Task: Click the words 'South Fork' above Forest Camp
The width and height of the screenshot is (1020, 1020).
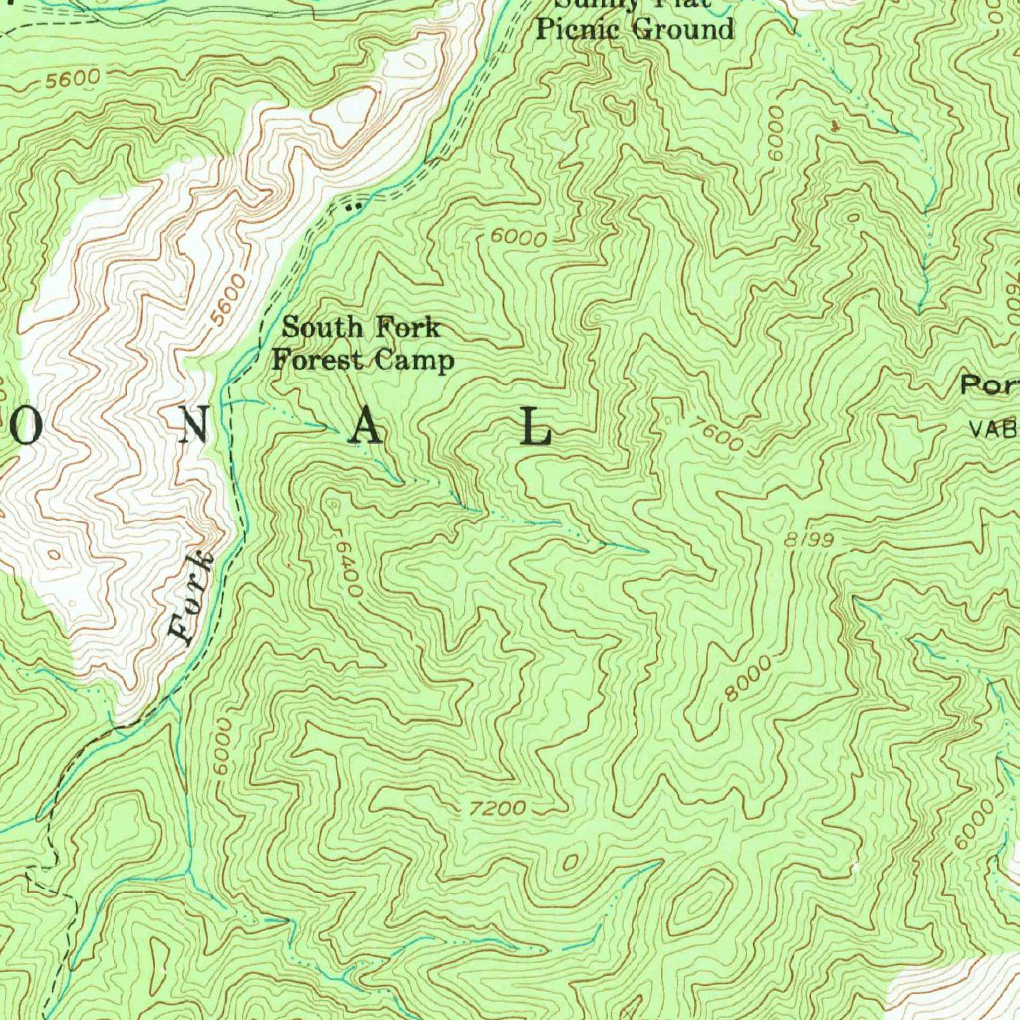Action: [361, 327]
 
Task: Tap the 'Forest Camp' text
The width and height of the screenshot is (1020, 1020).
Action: [363, 360]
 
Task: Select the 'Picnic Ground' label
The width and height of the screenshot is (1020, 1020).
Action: [635, 29]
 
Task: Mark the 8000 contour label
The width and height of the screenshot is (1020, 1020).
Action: [748, 679]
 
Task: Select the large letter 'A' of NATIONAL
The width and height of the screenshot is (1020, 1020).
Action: [366, 428]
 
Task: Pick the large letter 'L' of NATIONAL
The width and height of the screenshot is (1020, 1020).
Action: [537, 428]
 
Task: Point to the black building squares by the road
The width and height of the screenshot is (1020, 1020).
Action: [351, 207]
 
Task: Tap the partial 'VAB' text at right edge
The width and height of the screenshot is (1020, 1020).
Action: [993, 430]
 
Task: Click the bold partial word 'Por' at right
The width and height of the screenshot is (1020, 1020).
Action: [989, 385]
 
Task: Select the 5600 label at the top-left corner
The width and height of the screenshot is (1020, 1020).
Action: [72, 78]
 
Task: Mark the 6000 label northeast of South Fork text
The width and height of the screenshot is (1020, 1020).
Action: [519, 239]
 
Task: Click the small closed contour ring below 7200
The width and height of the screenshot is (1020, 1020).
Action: [571, 859]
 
